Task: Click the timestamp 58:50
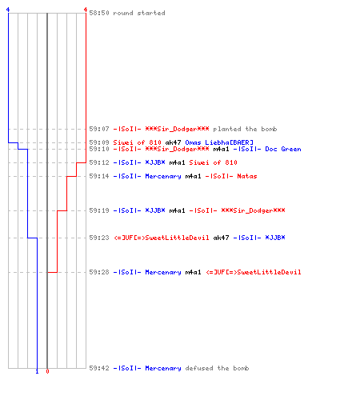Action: coord(99,13)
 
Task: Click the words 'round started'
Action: coord(139,13)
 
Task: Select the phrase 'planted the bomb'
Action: coord(245,129)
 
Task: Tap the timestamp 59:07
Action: coord(99,129)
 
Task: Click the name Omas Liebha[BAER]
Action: coord(219,142)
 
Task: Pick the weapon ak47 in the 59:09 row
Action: coord(173,142)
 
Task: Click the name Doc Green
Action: coord(283,149)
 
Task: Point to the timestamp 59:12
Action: coord(99,162)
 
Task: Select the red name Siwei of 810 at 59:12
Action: coord(213,162)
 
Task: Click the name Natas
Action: coord(247,176)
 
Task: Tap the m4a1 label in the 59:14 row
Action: coord(193,176)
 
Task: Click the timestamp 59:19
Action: coord(99,210)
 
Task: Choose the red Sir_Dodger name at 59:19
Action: coord(253,210)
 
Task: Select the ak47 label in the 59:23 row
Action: coord(221,238)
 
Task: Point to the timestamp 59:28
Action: coord(99,272)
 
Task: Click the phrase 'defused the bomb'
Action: coord(217,368)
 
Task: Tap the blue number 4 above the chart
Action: coord(8,10)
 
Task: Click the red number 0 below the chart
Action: coord(47,371)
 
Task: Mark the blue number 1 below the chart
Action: coord(37,371)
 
